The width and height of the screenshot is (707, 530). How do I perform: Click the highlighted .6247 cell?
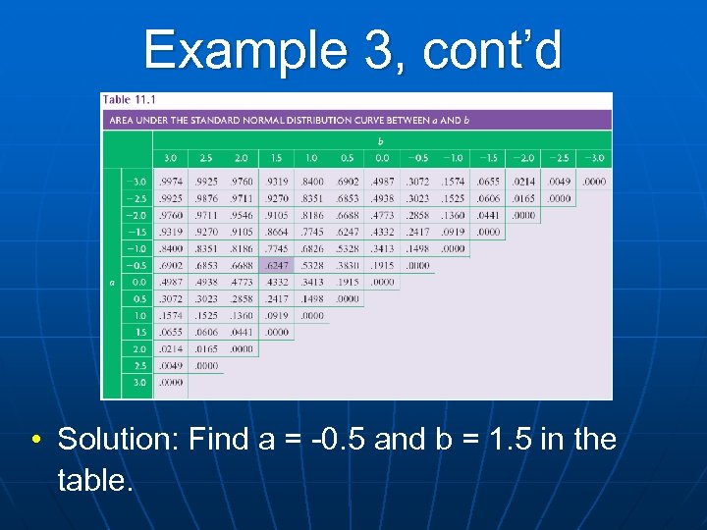pyautogui.click(x=277, y=265)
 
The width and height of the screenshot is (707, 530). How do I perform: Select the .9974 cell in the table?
pyautogui.click(x=170, y=182)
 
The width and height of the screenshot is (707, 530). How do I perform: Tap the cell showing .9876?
pyautogui.click(x=205, y=198)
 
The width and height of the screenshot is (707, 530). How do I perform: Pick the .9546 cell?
pyautogui.click(x=241, y=215)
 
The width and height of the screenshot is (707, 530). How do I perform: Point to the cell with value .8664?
pyautogui.click(x=277, y=232)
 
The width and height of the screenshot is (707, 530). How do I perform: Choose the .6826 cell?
pyautogui.click(x=312, y=248)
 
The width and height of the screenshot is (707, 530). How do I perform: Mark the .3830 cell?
pyautogui.click(x=348, y=265)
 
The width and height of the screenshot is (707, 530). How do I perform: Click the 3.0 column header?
pyautogui.click(x=170, y=158)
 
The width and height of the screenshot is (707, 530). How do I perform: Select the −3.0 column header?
pyautogui.click(x=594, y=158)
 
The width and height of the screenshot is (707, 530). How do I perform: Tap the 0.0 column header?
pyautogui.click(x=383, y=158)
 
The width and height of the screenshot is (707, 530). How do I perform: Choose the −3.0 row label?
pyautogui.click(x=136, y=182)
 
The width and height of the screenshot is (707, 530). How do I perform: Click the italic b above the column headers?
pyautogui.click(x=381, y=141)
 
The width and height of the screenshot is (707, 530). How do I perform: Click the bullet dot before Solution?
pyautogui.click(x=34, y=440)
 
